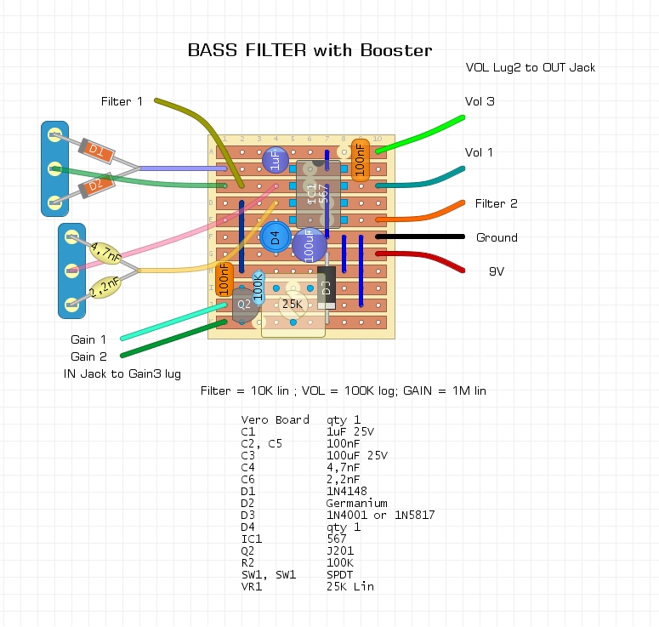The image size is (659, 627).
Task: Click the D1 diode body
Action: click(x=97, y=150)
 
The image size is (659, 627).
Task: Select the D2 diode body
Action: click(x=97, y=185)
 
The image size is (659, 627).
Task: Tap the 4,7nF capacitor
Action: click(x=105, y=253)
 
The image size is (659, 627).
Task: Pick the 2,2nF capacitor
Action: click(x=105, y=287)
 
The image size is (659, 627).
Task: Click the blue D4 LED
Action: click(x=276, y=237)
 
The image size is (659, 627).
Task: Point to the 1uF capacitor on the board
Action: click(x=276, y=160)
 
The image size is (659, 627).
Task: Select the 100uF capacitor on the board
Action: click(x=310, y=246)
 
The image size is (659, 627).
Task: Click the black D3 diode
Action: click(x=327, y=288)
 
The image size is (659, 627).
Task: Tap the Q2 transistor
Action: click(x=245, y=304)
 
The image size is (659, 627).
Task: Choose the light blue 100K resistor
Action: click(x=258, y=288)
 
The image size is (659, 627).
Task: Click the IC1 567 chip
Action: click(x=318, y=194)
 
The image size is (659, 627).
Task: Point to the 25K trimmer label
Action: click(x=293, y=304)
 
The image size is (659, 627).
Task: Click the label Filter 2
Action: click(x=496, y=203)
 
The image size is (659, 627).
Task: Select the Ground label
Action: click(x=497, y=237)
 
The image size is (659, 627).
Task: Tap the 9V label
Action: click(x=497, y=271)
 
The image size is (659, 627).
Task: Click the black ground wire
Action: click(x=420, y=237)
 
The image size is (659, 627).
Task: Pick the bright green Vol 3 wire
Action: click(x=420, y=134)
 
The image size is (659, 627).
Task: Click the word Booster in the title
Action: click(x=396, y=50)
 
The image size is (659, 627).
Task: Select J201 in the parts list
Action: click(x=340, y=550)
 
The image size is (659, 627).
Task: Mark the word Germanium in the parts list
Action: click(x=356, y=503)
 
